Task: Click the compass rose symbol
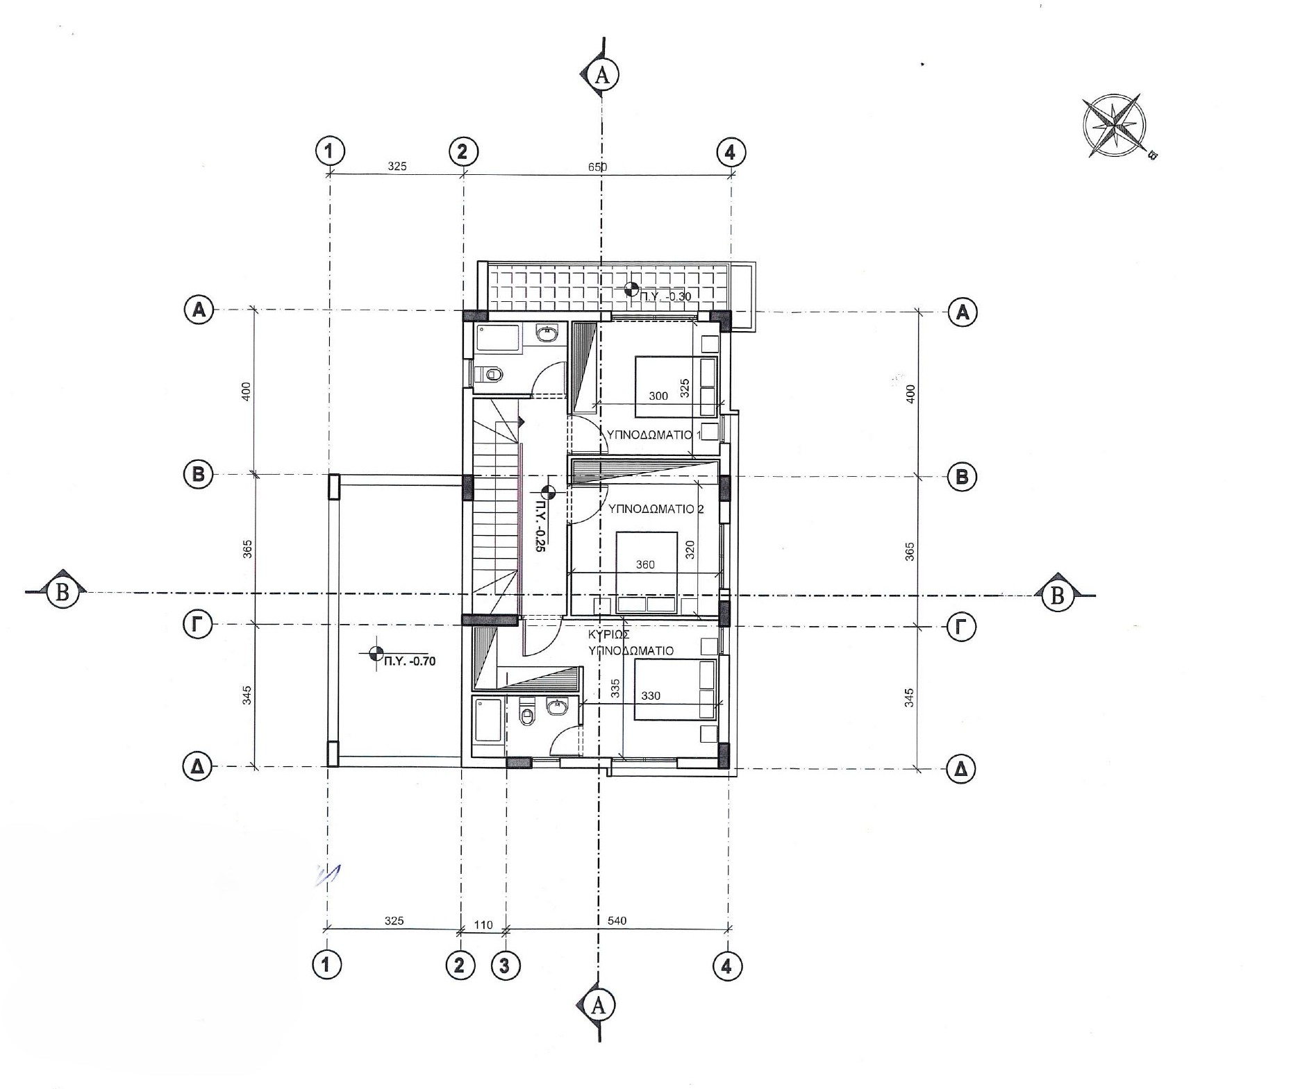coord(1114,125)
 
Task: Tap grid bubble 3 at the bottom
coord(505,965)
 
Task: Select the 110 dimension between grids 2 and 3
coord(483,925)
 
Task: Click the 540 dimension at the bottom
coord(617,921)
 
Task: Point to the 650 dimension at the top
coord(597,167)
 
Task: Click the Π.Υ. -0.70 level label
coord(410,661)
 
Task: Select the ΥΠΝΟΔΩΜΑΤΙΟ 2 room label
coord(656,509)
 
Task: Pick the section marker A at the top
coord(602,75)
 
